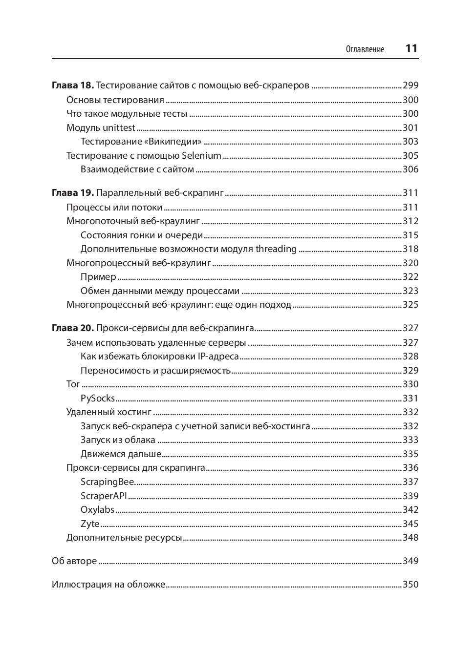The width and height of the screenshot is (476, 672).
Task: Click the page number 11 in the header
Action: (411, 48)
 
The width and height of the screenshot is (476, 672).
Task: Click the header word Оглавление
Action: (365, 49)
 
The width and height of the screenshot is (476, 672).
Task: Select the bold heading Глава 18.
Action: (72, 85)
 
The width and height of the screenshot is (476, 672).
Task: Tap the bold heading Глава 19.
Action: (72, 193)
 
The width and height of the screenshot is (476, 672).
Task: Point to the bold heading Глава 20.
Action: (72, 328)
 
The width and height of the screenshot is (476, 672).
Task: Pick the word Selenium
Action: (201, 156)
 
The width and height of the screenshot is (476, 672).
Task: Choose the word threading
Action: (276, 249)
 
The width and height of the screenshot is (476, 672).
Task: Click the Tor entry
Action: (73, 384)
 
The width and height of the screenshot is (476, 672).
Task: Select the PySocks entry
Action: (98, 399)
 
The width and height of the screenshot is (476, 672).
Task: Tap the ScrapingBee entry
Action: (107, 482)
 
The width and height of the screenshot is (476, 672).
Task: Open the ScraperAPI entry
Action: (104, 496)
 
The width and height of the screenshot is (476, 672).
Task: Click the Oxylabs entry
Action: (97, 510)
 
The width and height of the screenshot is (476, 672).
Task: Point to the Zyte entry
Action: (90, 524)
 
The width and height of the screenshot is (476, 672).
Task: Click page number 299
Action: (411, 85)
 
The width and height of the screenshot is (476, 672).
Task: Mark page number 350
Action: (411, 585)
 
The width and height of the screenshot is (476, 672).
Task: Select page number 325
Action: (411, 305)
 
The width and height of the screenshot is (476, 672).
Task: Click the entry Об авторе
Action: (74, 561)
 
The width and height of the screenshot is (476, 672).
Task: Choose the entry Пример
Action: (98, 277)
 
